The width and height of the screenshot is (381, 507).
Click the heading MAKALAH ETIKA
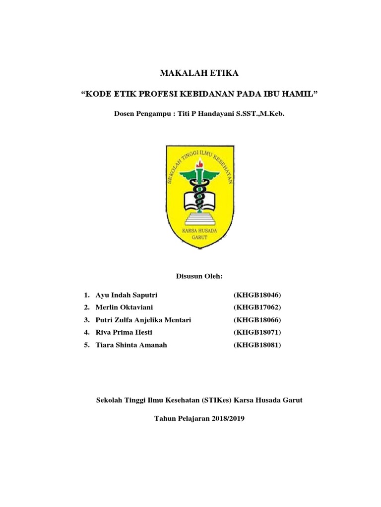[199, 73]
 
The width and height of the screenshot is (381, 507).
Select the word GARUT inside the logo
[199, 237]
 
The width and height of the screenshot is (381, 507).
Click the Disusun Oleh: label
[199, 276]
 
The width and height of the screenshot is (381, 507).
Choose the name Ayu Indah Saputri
[127, 295]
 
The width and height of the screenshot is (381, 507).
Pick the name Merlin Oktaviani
[124, 307]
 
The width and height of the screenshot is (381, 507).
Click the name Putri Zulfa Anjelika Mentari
[143, 320]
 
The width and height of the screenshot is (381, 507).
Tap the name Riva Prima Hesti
[124, 332]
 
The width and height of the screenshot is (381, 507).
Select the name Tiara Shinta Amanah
[131, 345]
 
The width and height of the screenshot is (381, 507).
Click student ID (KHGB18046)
[257, 295]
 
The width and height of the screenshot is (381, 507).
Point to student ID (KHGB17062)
[257, 307]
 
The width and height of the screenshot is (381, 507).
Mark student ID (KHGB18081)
[257, 345]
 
